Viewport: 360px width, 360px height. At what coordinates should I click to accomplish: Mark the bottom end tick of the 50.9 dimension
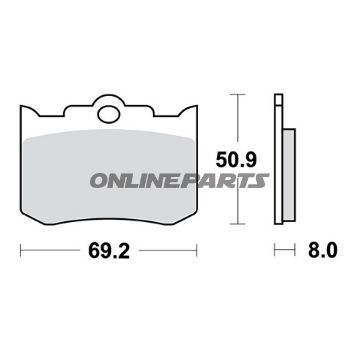(x=236, y=221)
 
